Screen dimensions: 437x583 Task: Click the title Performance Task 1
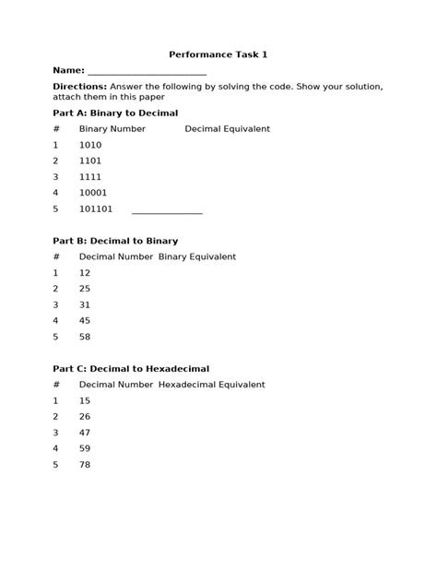218,54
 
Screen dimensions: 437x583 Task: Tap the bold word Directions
80,86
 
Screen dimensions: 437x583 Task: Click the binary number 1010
90,145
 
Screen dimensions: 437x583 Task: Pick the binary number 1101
90,161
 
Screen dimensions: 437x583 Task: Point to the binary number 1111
90,176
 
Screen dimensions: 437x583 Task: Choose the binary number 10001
93,193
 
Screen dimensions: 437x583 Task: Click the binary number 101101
96,208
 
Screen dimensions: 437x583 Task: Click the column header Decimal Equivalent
227,129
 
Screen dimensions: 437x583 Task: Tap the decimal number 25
85,289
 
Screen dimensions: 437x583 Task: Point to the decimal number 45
85,320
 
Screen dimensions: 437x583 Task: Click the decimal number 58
85,337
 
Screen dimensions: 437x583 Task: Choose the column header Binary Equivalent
196,256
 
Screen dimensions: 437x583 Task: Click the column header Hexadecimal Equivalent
211,385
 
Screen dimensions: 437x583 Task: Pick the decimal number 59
85,448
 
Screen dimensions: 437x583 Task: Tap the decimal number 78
85,464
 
